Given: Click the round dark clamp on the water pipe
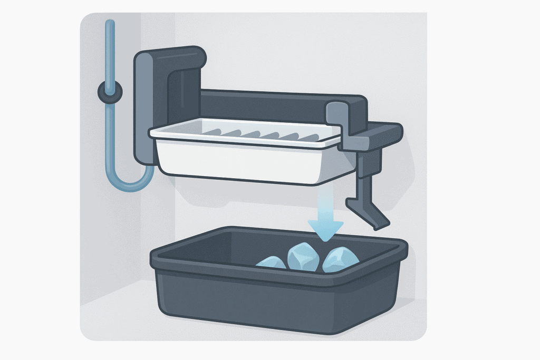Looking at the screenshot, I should pyautogui.click(x=110, y=92).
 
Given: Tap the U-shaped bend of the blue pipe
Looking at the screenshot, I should pyautogui.click(x=129, y=182).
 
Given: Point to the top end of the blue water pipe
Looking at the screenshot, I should pyautogui.click(x=110, y=24).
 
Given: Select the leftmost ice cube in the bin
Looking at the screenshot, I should pyautogui.click(x=271, y=262).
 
